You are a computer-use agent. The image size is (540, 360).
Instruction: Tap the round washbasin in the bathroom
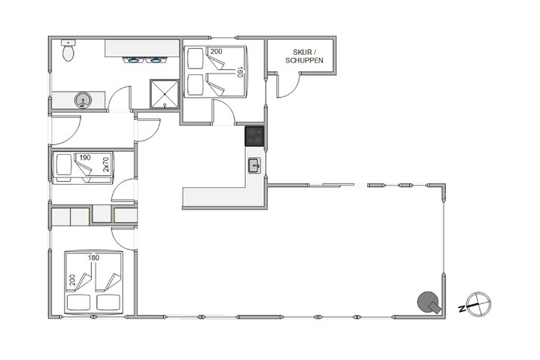(x=83, y=100)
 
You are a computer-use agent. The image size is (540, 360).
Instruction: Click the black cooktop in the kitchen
(x=255, y=137)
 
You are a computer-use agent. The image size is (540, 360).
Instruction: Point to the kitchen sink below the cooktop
(x=254, y=165)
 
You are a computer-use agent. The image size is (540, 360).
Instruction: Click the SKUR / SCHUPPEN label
(x=304, y=57)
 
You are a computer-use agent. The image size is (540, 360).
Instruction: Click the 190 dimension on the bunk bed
(x=85, y=158)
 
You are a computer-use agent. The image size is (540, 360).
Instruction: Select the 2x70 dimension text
(x=106, y=165)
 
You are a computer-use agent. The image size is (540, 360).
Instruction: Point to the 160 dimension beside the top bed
(x=239, y=72)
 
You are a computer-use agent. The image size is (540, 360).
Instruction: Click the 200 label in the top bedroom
(x=217, y=52)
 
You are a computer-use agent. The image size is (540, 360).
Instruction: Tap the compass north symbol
(x=478, y=304)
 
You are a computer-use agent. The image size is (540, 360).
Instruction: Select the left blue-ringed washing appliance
(x=135, y=61)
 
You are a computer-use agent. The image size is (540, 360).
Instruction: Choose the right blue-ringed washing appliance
(x=156, y=61)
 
